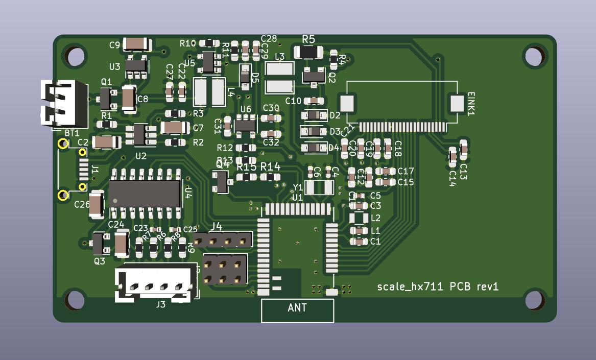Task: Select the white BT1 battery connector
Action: [x=64, y=104]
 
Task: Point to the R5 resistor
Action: [x=308, y=52]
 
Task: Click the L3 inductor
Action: [x=280, y=77]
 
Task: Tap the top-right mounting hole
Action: [x=533, y=56]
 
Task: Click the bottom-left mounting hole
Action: [x=75, y=300]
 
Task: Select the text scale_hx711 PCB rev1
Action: [x=438, y=286]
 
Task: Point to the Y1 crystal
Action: [x=319, y=187]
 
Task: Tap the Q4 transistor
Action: [x=222, y=181]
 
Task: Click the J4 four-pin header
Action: [x=223, y=239]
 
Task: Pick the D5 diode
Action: [x=246, y=76]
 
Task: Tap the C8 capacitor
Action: [x=129, y=99]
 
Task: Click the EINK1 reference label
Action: [x=471, y=104]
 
